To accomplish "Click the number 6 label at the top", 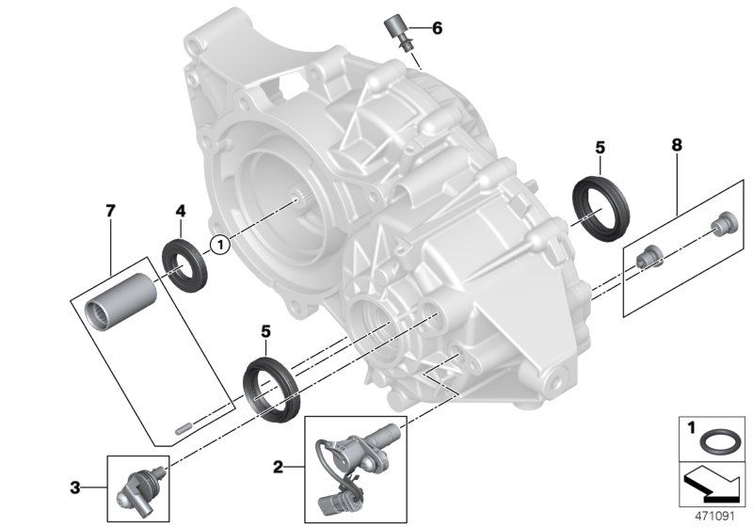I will coord(437,28).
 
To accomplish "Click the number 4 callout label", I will coord(179,211).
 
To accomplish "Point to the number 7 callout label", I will coord(110,211).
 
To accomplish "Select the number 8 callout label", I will coord(677,146).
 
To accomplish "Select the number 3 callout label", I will coord(74,487).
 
